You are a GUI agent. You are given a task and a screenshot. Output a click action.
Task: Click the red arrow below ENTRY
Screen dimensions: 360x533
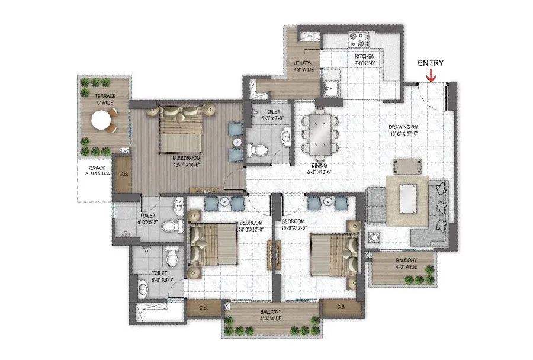coord(431,75)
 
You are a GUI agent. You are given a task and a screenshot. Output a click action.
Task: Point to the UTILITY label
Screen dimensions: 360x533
coord(303,66)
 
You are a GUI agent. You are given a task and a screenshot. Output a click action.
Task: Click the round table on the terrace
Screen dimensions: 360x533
coord(101,122)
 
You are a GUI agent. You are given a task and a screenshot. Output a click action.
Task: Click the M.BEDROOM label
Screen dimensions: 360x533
coord(185,160)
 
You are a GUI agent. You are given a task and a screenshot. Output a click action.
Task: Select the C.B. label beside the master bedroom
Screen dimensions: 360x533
coord(124,174)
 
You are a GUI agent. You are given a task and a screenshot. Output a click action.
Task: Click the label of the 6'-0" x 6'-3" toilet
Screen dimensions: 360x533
coord(147,275)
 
